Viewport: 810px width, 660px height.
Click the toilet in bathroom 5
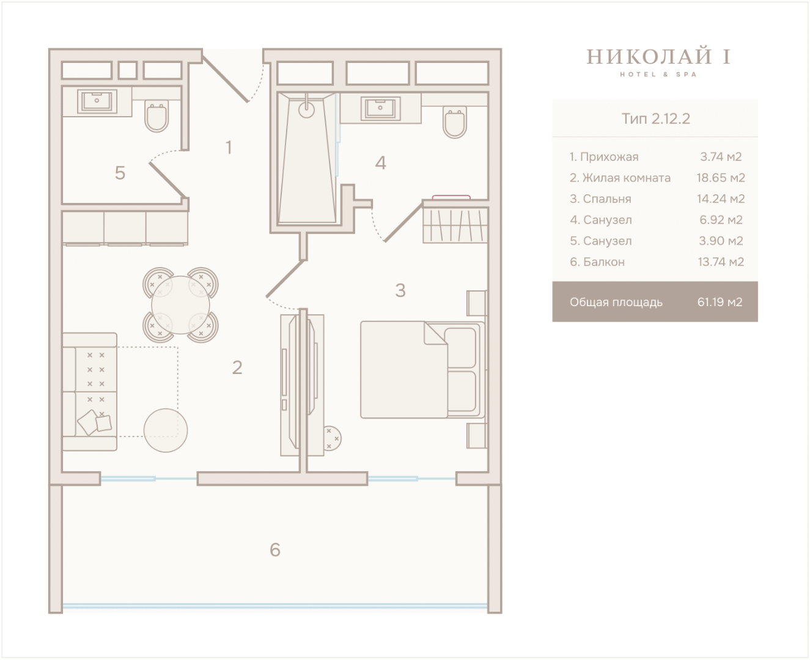[x=156, y=116]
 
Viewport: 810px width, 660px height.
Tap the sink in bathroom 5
[x=97, y=101]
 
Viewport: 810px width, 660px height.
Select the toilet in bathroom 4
[x=454, y=122]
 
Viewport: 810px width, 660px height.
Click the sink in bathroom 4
[x=381, y=108]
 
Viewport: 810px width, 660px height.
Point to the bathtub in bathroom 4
[x=307, y=158]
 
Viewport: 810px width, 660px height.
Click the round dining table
[x=180, y=305]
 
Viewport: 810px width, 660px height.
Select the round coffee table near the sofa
[x=166, y=430]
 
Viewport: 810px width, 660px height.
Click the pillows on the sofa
[x=94, y=422]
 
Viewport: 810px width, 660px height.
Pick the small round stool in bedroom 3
[x=331, y=438]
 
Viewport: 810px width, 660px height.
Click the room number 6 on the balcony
[x=275, y=550]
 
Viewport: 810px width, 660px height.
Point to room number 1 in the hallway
[x=229, y=147]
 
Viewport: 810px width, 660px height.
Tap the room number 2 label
[x=237, y=368]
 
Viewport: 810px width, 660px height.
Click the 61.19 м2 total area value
[x=720, y=302]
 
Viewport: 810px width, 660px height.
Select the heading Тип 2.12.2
[x=655, y=119]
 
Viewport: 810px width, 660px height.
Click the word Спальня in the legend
[x=607, y=199]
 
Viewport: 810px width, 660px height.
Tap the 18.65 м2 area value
[x=721, y=178]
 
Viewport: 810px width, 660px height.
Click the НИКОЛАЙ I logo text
[x=658, y=57]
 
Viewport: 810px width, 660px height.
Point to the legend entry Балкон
[x=604, y=262]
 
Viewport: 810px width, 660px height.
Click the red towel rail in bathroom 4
[x=451, y=197]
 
